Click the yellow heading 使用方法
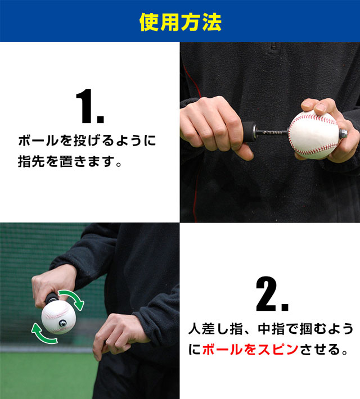(x=180, y=22)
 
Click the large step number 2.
(x=272, y=294)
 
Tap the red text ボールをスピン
(x=249, y=349)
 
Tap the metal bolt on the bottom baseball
(x=65, y=324)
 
